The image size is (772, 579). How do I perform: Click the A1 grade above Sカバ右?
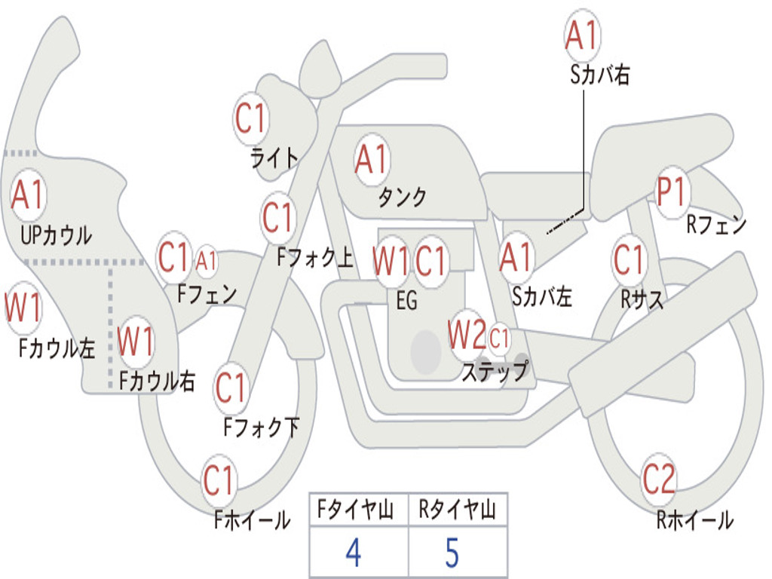tap(581, 36)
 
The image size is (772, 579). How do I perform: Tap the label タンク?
tap(402, 197)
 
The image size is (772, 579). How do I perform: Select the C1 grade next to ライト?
tap(251, 118)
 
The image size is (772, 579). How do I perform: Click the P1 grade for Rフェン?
tap(671, 192)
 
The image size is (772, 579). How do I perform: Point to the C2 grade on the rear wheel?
tap(659, 479)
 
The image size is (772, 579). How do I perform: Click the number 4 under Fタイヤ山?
tap(353, 553)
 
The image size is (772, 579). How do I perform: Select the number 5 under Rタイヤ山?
tap(452, 553)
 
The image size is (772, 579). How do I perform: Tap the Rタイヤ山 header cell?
tap(457, 510)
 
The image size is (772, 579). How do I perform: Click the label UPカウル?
tap(57, 235)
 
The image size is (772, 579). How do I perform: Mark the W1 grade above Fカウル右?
tap(136, 342)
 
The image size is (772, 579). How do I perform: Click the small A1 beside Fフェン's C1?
tap(206, 262)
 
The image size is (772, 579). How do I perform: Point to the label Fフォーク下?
tap(261, 428)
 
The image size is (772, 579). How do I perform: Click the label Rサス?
tap(642, 299)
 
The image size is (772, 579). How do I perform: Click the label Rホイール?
tap(694, 519)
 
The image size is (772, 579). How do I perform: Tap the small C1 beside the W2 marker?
tap(499, 340)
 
